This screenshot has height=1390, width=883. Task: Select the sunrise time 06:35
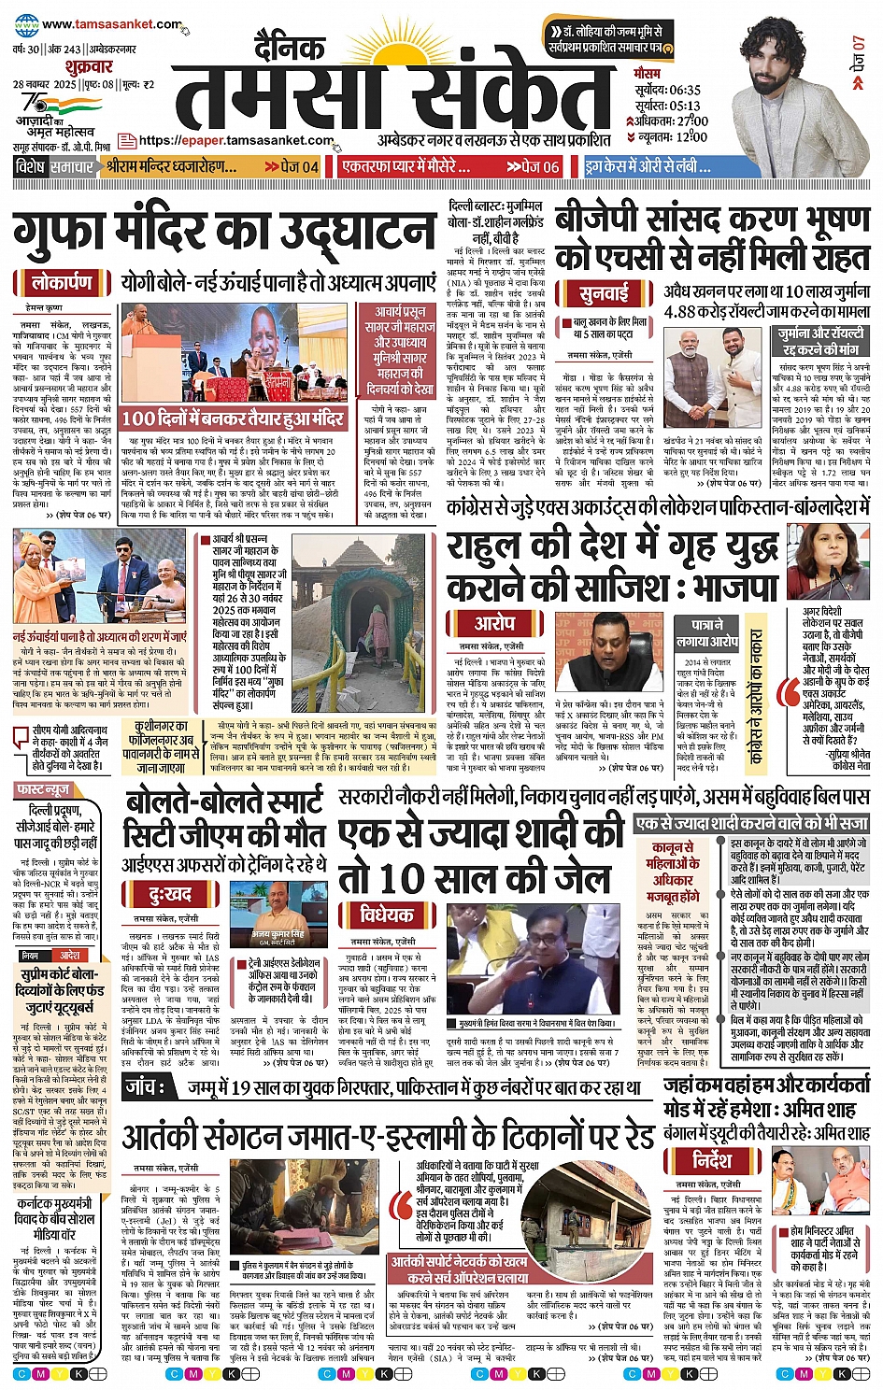pyautogui.click(x=679, y=90)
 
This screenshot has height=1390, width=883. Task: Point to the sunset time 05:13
pyautogui.click(x=679, y=106)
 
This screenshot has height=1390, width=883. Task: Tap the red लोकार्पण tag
pyautogui.click(x=62, y=282)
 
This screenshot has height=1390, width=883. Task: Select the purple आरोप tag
pyautogui.click(x=494, y=623)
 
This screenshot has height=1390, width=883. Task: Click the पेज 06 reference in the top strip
pyautogui.click(x=533, y=167)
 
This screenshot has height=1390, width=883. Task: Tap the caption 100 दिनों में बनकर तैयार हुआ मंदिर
pyautogui.click(x=233, y=418)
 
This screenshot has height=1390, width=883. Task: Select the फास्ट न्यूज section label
pyautogui.click(x=43, y=790)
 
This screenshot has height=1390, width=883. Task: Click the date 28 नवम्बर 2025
pyautogui.click(x=44, y=85)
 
